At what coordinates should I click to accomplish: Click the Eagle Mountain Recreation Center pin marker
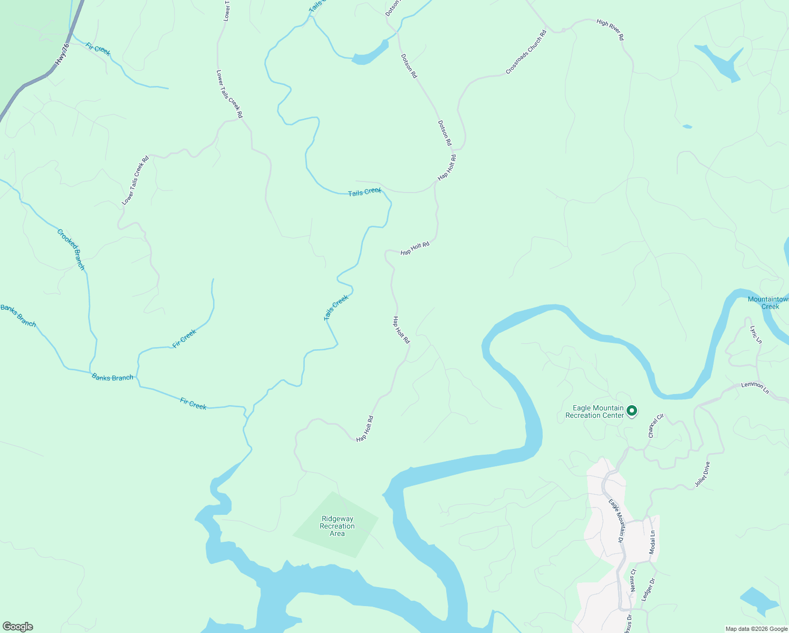[x=632, y=411]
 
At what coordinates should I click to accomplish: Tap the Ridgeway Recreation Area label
[x=337, y=526]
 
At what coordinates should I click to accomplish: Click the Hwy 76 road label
[x=62, y=54]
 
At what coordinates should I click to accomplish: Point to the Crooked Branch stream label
[x=71, y=249]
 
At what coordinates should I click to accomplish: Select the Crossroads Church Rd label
[x=526, y=52]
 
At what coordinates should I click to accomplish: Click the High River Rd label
[x=610, y=30]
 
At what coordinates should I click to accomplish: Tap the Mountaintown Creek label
[x=769, y=303]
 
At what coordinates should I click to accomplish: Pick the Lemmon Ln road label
[x=755, y=388]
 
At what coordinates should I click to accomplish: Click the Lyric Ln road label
[x=756, y=334]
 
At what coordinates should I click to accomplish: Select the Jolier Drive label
[x=703, y=474]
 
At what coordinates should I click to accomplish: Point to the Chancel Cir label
[x=656, y=426]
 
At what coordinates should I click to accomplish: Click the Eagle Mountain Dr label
[x=616, y=521]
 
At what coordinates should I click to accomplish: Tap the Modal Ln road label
[x=652, y=542]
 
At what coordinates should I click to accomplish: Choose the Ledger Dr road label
[x=648, y=590]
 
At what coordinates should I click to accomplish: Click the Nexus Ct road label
[x=633, y=580]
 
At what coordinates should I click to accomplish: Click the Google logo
[x=17, y=627]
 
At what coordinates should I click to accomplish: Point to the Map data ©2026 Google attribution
[x=756, y=629]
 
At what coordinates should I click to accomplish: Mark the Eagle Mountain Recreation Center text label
[x=594, y=411]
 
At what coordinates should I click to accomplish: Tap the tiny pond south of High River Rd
[x=687, y=127]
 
